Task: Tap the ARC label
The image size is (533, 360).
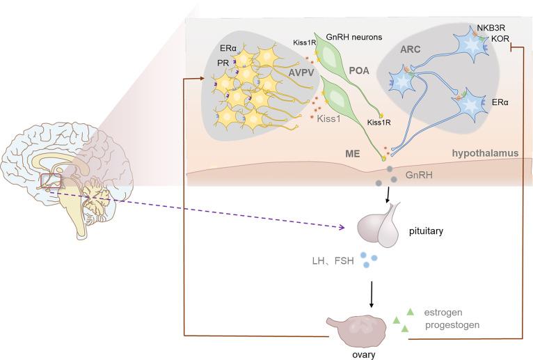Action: click(x=410, y=49)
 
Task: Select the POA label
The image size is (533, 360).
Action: click(x=359, y=71)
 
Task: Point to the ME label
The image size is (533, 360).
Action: click(x=353, y=154)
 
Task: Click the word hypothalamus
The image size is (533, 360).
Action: click(x=485, y=153)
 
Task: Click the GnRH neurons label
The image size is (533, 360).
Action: click(x=354, y=37)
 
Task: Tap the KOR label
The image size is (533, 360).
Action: click(x=500, y=38)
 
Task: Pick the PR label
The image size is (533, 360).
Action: click(x=223, y=63)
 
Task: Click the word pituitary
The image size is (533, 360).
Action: click(x=427, y=231)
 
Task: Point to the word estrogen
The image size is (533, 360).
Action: click(x=443, y=313)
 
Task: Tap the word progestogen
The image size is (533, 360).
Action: click(x=452, y=325)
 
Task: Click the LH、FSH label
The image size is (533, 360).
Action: click(x=333, y=261)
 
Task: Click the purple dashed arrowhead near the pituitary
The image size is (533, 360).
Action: click(x=342, y=228)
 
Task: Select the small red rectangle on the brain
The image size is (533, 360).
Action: click(x=51, y=180)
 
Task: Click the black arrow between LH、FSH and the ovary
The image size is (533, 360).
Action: click(x=372, y=295)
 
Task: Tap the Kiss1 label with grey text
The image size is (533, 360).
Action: click(x=328, y=119)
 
